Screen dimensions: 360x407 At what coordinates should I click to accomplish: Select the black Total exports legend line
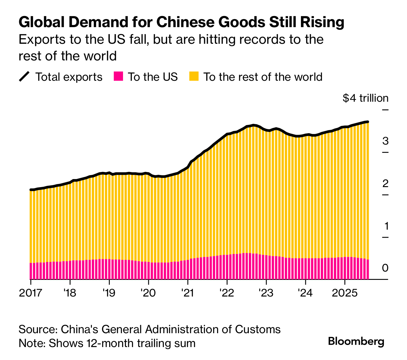[24, 76]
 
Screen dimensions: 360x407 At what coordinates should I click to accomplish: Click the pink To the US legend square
[118, 76]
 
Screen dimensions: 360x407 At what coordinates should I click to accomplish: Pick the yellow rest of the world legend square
[194, 76]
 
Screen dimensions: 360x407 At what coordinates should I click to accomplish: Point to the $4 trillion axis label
[365, 98]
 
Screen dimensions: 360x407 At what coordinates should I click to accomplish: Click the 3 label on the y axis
[385, 141]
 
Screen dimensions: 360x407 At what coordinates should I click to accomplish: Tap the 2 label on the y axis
[385, 183]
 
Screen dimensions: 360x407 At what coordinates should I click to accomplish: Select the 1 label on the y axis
[386, 226]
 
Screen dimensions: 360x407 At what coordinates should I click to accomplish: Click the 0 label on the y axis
[385, 268]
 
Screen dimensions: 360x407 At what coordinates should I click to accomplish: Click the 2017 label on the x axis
[31, 292]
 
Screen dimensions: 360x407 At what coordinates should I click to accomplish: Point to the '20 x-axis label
[148, 292]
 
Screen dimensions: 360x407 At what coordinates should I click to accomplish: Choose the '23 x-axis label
[266, 292]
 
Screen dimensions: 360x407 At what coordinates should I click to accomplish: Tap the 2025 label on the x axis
[344, 292]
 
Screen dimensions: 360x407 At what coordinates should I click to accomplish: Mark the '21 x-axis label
[187, 292]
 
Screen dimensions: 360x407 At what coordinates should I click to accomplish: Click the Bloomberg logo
[356, 342]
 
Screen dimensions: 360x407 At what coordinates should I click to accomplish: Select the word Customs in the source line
[257, 329]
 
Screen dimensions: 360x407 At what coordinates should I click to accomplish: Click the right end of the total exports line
[368, 122]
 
